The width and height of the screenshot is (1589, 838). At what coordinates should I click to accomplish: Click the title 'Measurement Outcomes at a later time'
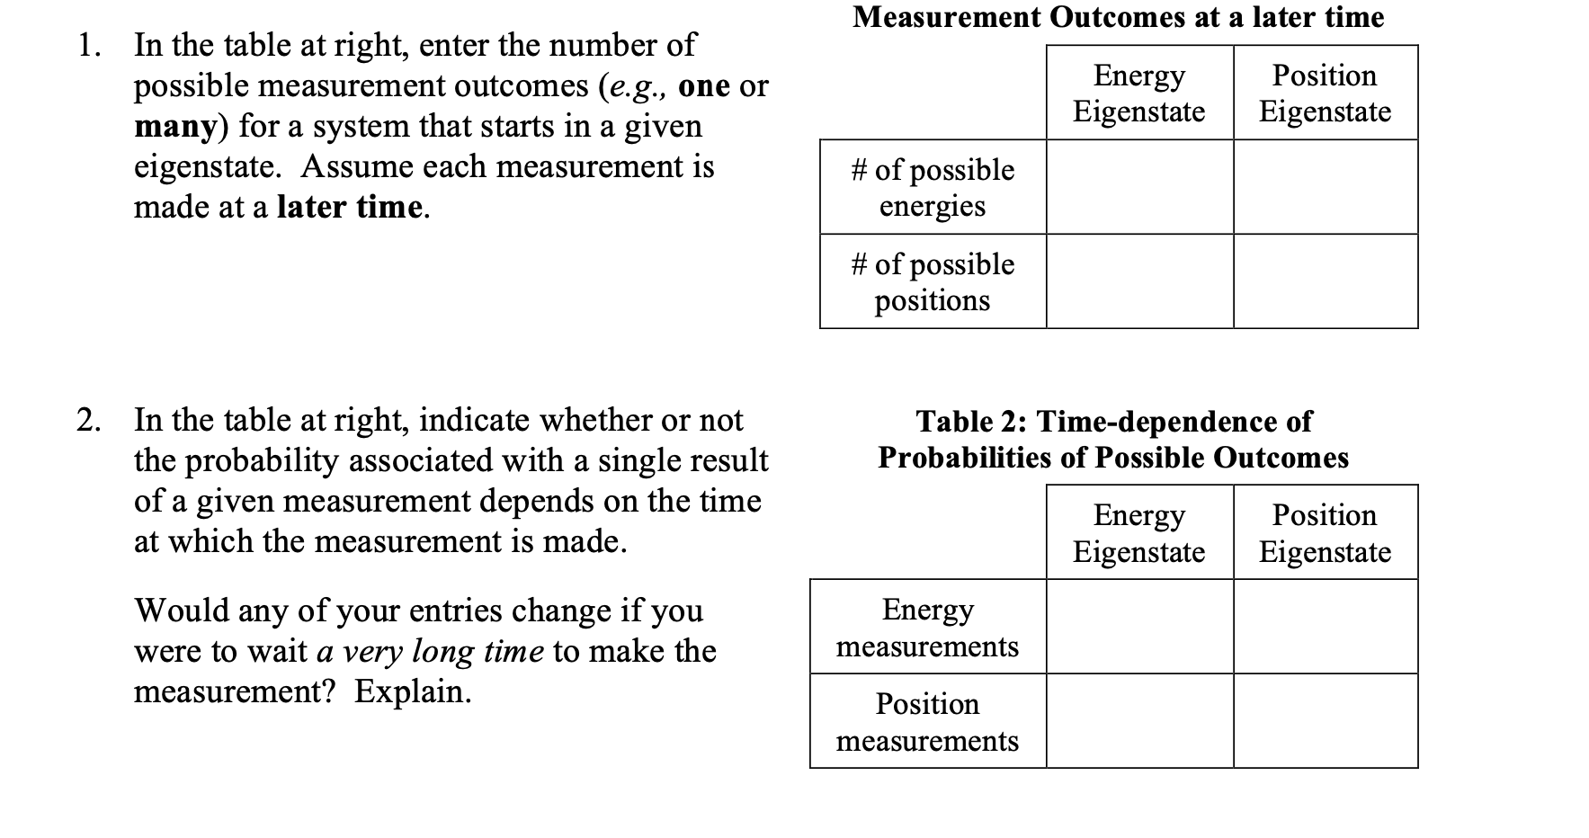1118,17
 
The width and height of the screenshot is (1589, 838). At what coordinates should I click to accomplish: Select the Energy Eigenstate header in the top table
1138,93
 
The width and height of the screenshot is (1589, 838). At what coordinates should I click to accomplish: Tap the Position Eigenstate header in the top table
1325,93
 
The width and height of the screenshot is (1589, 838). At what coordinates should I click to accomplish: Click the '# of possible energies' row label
933,187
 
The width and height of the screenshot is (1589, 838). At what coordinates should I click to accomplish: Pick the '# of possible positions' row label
933,281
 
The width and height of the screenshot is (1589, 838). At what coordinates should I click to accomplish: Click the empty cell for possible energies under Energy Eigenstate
1139,187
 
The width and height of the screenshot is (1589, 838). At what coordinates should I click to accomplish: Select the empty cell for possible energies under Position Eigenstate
1326,187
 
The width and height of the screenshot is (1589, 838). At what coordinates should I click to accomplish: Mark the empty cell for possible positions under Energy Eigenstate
1139,281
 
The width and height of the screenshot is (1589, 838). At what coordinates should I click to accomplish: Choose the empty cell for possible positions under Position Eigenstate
1326,281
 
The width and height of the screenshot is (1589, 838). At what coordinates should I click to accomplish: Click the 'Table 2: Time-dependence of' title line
1113,421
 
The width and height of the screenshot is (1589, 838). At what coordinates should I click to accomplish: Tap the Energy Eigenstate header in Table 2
1138,532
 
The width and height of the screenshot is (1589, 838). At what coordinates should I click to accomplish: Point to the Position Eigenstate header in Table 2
1325,532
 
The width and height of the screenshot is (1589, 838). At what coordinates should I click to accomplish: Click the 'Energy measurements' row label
927,627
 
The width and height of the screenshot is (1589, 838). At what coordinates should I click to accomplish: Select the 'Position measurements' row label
927,721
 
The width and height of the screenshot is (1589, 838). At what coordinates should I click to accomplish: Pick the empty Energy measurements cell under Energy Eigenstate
1139,627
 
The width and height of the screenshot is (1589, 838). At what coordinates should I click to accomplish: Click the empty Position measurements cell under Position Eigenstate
1326,721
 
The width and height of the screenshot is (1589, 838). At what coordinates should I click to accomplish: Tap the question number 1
86,45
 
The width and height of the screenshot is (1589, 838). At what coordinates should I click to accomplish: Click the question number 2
86,420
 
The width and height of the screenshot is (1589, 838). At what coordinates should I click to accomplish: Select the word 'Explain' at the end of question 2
412,691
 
